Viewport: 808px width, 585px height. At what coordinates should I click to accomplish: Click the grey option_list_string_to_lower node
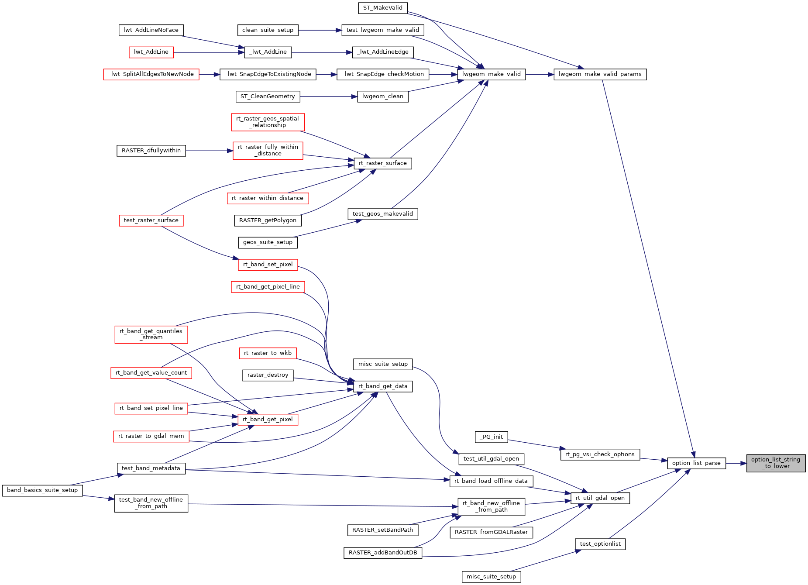pos(775,463)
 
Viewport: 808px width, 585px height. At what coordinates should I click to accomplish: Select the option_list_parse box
pos(696,463)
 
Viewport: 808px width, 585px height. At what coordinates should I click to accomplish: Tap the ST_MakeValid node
pos(382,8)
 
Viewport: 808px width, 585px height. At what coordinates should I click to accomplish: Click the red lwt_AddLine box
pos(151,52)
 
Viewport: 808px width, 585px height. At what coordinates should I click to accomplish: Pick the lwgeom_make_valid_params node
pos(600,74)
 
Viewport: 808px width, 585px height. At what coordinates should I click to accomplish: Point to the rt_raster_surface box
pos(382,163)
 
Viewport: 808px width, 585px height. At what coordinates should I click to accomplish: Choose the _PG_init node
pos(491,437)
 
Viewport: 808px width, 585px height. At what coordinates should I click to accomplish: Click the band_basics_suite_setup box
pos(42,490)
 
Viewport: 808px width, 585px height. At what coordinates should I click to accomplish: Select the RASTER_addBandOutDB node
pos(383,553)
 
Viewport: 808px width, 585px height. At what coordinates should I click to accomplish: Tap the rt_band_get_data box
pos(383,386)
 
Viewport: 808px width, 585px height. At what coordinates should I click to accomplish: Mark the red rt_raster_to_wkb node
pos(268,353)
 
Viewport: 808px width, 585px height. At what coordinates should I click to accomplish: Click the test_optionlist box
pos(600,544)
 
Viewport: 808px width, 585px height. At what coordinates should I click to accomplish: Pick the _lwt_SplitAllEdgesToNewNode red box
pos(151,74)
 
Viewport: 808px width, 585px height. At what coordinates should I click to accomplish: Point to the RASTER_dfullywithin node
pos(151,151)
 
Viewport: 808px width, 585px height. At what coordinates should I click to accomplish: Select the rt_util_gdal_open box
pos(600,498)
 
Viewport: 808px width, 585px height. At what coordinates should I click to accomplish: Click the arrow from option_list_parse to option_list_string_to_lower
pos(736,463)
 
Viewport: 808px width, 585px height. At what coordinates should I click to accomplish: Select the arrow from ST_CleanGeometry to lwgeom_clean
pos(328,96)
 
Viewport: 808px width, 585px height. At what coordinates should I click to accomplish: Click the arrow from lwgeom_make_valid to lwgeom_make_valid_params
pos(540,74)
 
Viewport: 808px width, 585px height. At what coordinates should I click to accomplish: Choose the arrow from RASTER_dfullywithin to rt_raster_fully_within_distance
pos(209,151)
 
